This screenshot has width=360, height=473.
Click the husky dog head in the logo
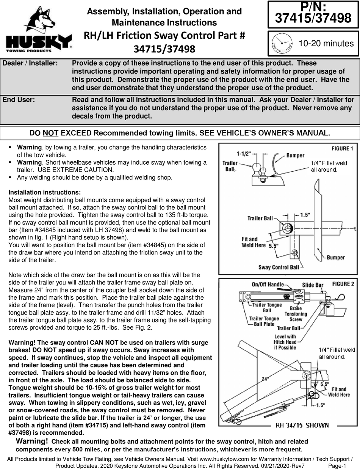click(39, 20)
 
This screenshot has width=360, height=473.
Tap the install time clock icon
click(280, 43)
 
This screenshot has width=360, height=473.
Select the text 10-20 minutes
click(326, 43)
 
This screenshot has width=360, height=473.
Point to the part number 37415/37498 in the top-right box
click(313, 17)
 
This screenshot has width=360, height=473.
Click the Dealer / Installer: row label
click(30, 63)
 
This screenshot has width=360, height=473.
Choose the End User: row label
click(19, 100)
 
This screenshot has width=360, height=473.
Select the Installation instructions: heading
click(44, 192)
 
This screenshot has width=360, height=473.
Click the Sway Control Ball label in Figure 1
click(279, 267)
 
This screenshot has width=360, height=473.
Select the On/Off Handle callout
click(268, 285)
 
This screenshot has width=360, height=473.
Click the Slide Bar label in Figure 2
click(312, 285)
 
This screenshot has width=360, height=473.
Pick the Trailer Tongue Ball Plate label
click(264, 321)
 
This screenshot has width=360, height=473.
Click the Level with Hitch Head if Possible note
click(285, 342)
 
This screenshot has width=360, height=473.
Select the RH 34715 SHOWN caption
click(302, 425)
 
